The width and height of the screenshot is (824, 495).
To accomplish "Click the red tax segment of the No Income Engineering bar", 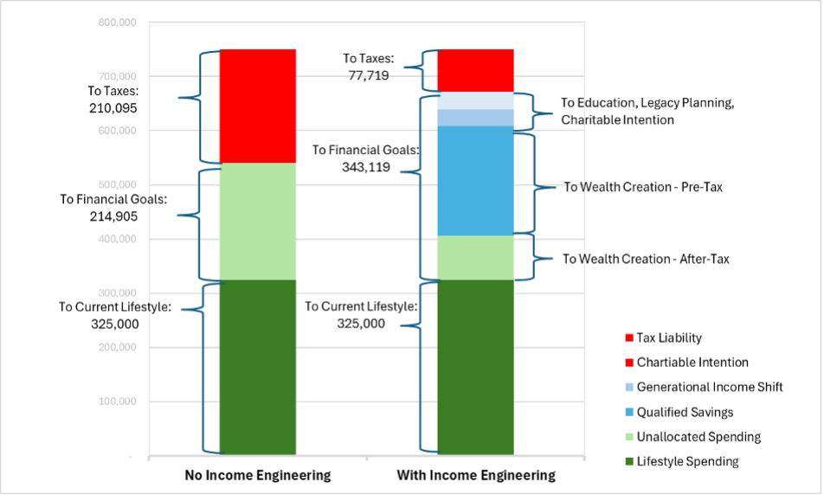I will (x=258, y=106).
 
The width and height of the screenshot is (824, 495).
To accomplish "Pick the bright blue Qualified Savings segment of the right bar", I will (x=475, y=180).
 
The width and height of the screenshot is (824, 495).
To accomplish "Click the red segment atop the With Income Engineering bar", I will (x=475, y=70).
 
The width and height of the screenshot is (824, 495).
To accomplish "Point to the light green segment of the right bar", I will (x=475, y=257).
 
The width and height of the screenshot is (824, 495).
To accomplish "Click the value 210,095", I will (x=113, y=108).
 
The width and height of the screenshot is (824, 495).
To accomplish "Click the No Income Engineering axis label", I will (x=258, y=475).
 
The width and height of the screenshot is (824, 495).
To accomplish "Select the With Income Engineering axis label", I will (x=475, y=475).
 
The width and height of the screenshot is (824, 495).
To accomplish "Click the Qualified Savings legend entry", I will (x=685, y=412).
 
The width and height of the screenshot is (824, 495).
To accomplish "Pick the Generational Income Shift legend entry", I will (x=709, y=387).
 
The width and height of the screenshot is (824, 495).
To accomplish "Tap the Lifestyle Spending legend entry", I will (x=687, y=461).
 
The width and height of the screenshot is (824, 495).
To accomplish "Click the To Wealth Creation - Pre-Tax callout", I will (x=642, y=186).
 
